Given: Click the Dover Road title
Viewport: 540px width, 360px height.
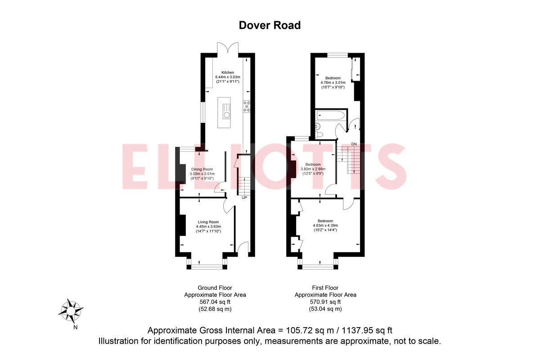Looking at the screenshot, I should pyautogui.click(x=270, y=25).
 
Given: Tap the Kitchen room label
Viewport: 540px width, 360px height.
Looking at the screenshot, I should pyautogui.click(x=227, y=72).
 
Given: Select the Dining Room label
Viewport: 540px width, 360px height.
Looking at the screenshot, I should pyautogui.click(x=202, y=169).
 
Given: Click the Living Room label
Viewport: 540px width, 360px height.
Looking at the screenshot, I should pyautogui.click(x=208, y=222).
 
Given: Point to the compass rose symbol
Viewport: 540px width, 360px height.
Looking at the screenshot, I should pyautogui.click(x=71, y=310).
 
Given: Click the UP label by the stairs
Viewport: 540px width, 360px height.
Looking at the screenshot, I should pyautogui.click(x=244, y=198).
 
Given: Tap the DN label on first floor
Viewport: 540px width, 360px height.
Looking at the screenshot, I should pyautogui.click(x=354, y=144).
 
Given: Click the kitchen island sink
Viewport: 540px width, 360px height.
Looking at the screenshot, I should pyautogui.click(x=227, y=115).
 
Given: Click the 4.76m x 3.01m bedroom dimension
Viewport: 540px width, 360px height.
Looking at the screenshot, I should pyautogui.click(x=333, y=82).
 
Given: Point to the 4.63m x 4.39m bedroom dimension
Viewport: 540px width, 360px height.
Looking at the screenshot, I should pyautogui.click(x=325, y=225).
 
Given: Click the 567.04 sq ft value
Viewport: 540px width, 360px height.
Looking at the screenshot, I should pyautogui.click(x=215, y=302).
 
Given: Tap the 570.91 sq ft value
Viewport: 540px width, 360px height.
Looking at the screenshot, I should pyautogui.click(x=325, y=302).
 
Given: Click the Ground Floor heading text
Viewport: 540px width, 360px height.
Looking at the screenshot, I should pyautogui.click(x=215, y=288).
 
